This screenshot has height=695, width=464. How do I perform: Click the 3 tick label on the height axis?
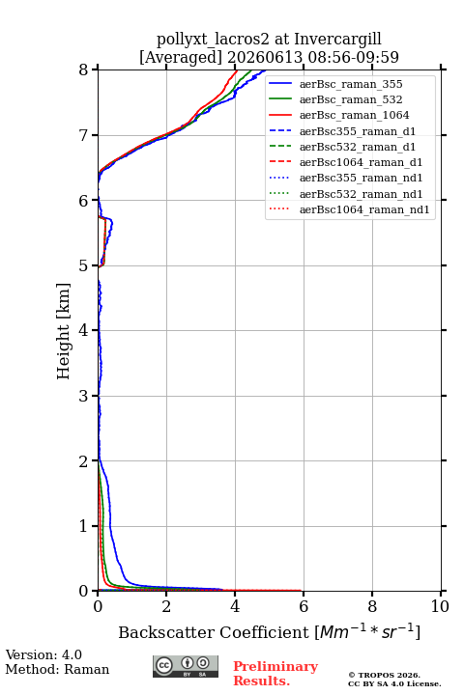pyautogui.click(x=83, y=396)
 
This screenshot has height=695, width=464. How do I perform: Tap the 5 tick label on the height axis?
pyautogui.click(x=83, y=265)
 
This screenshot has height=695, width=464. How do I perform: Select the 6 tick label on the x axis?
pyautogui.click(x=304, y=606)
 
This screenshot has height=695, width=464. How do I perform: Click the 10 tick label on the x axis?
pyautogui.click(x=440, y=606)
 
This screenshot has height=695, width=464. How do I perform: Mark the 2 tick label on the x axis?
pyautogui.click(x=166, y=606)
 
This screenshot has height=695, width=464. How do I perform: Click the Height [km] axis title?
pyautogui.click(x=64, y=331)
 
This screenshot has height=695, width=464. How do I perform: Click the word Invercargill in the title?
pyautogui.click(x=337, y=40)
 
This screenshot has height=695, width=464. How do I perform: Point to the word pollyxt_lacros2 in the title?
pyautogui.click(x=213, y=40)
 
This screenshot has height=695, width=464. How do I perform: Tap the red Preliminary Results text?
pyautogui.click(x=275, y=673)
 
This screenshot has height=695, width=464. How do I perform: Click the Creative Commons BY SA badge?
pyautogui.click(x=186, y=666)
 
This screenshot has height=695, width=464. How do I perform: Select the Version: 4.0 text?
pyautogui.click(x=43, y=654)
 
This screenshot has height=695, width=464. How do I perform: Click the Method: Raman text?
pyautogui.click(x=57, y=669)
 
